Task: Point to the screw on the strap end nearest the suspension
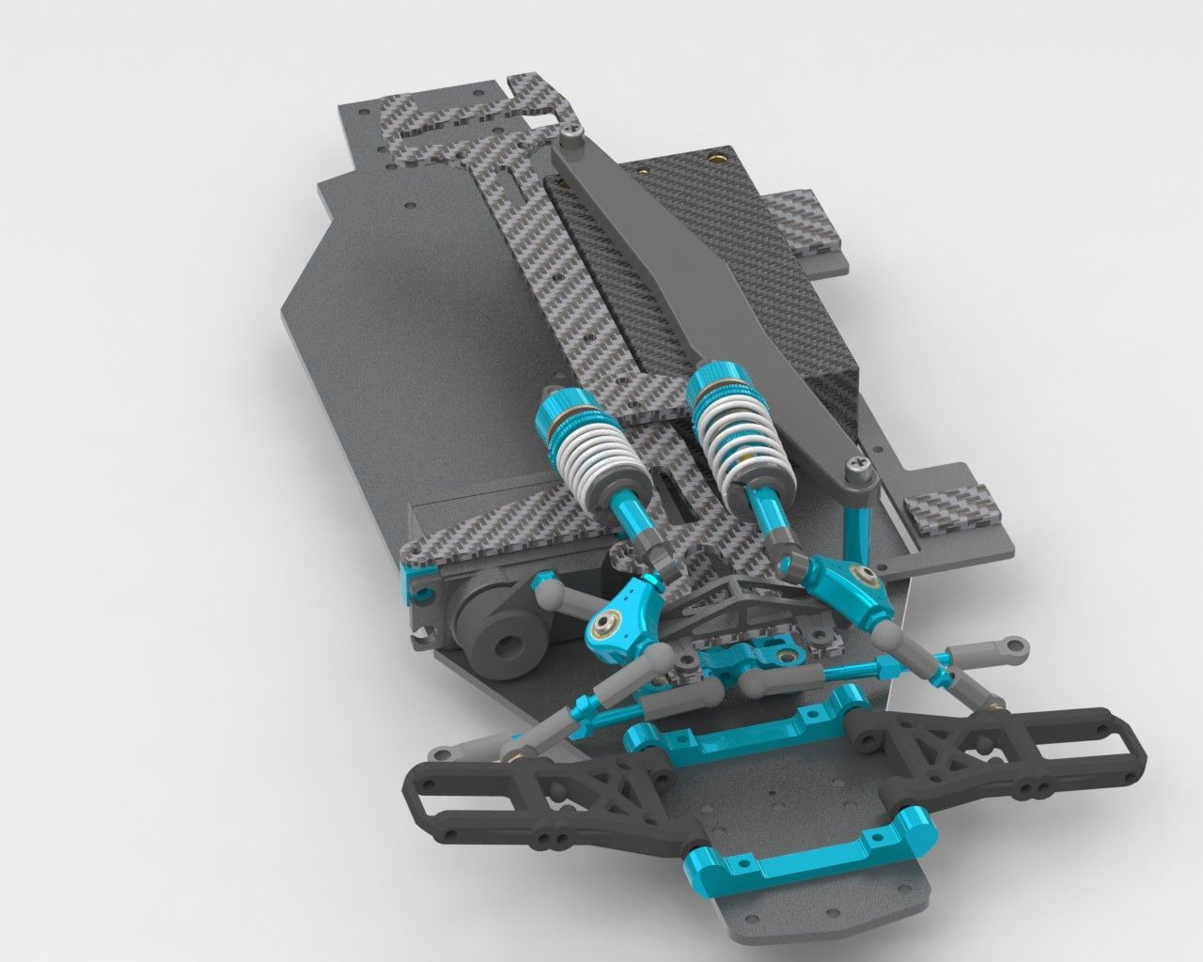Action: point(857,464)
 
